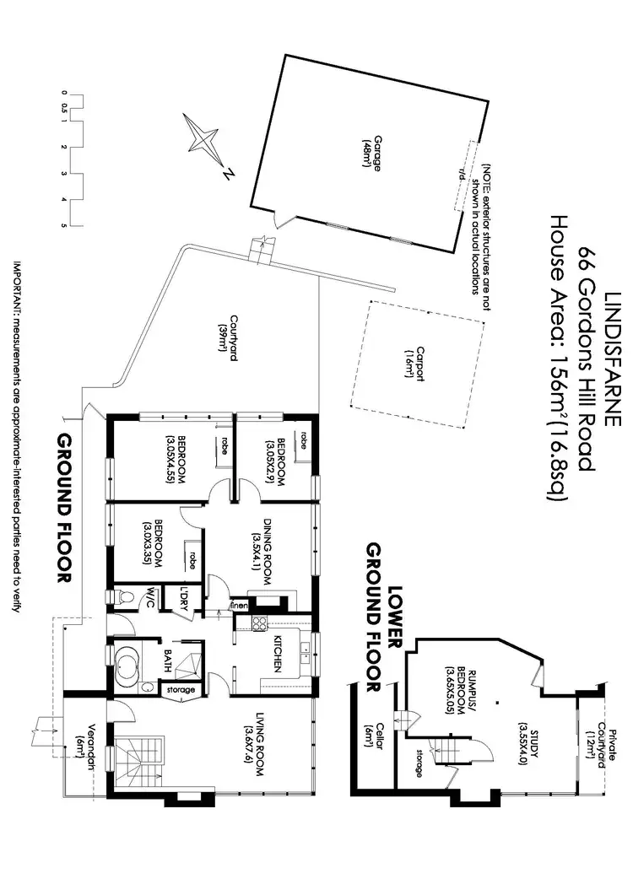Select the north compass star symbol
tap(204, 141)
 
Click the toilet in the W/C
tap(124, 597)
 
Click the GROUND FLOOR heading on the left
tap(62, 510)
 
